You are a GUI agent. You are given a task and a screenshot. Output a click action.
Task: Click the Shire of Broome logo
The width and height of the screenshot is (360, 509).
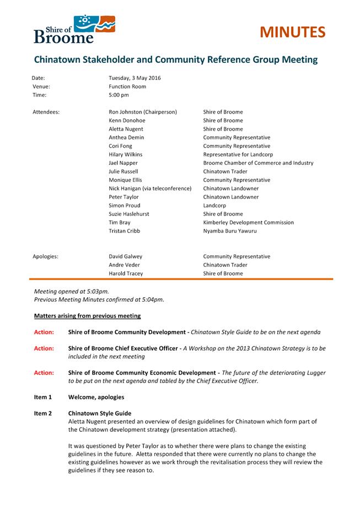(x=74, y=29)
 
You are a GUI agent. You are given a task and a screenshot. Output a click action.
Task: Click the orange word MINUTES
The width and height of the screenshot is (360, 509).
(x=292, y=33)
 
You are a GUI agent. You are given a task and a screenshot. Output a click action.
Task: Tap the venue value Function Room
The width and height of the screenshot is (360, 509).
(x=127, y=87)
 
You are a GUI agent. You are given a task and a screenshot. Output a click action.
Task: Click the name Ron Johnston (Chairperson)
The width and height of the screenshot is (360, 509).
(x=143, y=112)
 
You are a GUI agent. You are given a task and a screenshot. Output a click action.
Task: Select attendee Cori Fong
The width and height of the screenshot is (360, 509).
(x=120, y=146)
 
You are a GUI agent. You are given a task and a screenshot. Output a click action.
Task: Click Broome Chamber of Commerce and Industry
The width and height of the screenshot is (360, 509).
(x=258, y=163)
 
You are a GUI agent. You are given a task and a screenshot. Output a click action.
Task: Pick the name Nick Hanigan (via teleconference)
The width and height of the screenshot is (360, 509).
(x=150, y=189)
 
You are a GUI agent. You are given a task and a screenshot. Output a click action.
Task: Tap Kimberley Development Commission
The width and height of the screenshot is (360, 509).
(x=248, y=222)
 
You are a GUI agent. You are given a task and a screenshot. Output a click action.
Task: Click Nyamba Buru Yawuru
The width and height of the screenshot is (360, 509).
(x=229, y=231)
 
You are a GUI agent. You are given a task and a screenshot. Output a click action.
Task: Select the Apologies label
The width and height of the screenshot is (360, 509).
(x=46, y=256)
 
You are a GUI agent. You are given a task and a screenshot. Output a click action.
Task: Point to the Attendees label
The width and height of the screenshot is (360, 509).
(x=46, y=112)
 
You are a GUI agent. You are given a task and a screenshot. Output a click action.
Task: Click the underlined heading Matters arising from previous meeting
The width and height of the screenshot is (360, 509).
(x=87, y=316)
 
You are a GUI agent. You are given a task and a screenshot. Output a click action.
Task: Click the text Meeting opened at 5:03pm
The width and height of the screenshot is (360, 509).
(x=71, y=291)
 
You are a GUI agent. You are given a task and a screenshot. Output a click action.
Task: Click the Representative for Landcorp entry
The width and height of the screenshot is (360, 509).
(x=238, y=154)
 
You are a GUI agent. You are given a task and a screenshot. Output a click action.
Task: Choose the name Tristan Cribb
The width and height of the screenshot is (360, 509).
(x=125, y=231)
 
